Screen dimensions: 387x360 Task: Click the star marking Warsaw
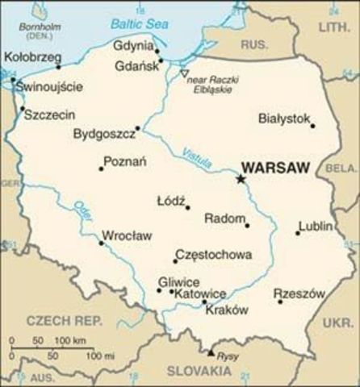(x=240, y=178)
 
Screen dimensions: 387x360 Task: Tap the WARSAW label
(x=276, y=169)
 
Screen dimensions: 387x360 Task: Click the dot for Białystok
(x=312, y=126)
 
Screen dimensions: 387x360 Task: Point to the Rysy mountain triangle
(x=211, y=352)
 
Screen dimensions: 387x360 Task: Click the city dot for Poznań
(x=101, y=169)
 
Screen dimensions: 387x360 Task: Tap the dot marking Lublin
(x=297, y=233)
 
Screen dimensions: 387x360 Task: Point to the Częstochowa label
(x=213, y=254)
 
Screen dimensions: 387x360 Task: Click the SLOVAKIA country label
(x=199, y=370)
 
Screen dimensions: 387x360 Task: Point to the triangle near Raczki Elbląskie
(x=184, y=73)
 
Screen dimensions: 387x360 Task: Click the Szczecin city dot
(x=22, y=109)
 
